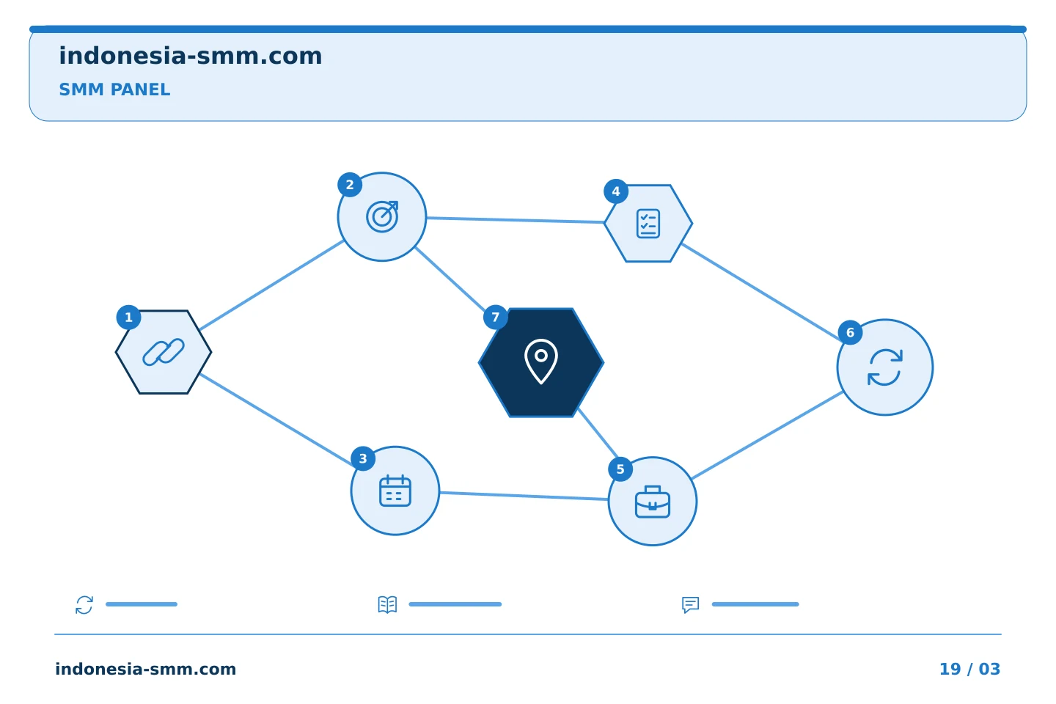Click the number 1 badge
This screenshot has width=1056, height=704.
pos(129,318)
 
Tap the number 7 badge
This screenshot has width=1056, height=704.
pos(496,317)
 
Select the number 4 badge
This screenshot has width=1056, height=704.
pos(616,191)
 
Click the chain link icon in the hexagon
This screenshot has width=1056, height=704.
pos(164,352)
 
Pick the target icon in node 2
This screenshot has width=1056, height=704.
pos(382,216)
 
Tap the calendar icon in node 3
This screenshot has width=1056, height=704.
pos(395,491)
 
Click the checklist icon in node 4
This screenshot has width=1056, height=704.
pos(648,224)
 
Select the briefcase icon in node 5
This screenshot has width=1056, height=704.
pos(653,502)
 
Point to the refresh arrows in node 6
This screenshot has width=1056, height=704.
pos(885,367)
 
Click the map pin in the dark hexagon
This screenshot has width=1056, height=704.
pos(541,362)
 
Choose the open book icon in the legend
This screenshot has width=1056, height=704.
pos(387,604)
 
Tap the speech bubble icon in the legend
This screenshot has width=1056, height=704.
pos(691,604)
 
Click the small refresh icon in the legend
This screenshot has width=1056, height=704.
pos(84,604)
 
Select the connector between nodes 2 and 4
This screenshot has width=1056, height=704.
pos(516,220)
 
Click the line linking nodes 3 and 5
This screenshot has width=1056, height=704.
pos(524,496)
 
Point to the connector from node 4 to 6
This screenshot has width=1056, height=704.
pos(762,293)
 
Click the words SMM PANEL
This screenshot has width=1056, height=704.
pos(114,89)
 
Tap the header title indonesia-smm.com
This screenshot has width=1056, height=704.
pos(191,56)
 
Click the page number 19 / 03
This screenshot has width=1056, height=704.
pos(969,669)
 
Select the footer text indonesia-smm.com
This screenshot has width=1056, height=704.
pos(146,669)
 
